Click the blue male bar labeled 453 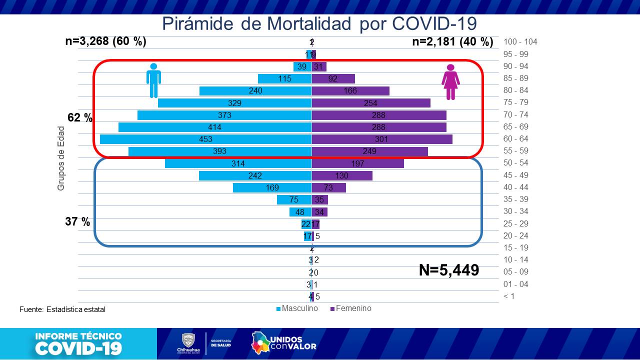205,139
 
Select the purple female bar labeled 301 382,139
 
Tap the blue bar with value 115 284,78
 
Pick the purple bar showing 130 342,175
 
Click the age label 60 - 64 516,138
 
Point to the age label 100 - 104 520,42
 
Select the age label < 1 509,296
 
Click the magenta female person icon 450,82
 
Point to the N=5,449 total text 448,270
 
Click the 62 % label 80,118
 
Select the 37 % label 77,221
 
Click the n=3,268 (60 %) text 105,41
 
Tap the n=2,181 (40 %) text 452,42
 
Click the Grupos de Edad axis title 61,158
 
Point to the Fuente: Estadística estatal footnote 62,309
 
